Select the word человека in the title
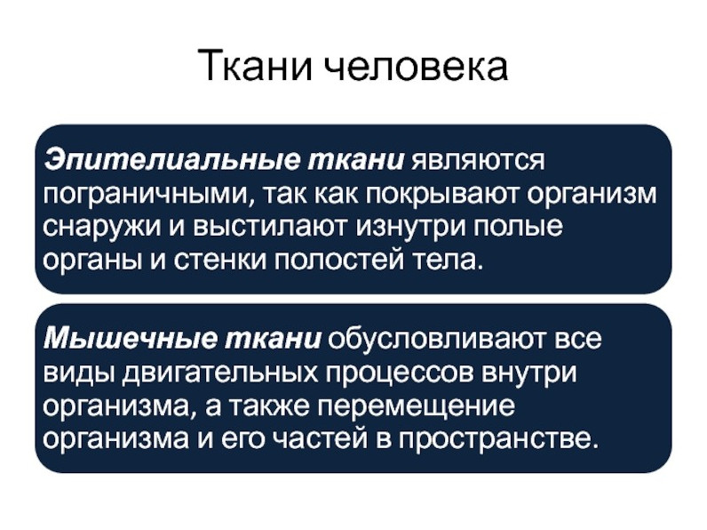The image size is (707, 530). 417,68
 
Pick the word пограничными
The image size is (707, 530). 149,195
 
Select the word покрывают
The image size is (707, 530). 441,195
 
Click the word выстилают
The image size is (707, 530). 271,227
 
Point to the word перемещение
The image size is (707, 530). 417,406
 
